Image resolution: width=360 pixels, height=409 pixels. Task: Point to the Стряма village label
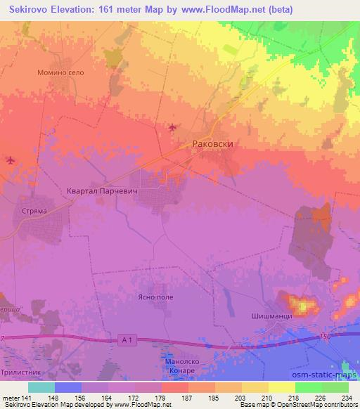25,209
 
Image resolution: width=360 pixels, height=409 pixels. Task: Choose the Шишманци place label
271,317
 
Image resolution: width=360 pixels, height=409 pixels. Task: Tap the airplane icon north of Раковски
172,127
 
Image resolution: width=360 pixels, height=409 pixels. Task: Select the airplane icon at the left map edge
9,160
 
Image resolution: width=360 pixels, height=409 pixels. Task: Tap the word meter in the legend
11,398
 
